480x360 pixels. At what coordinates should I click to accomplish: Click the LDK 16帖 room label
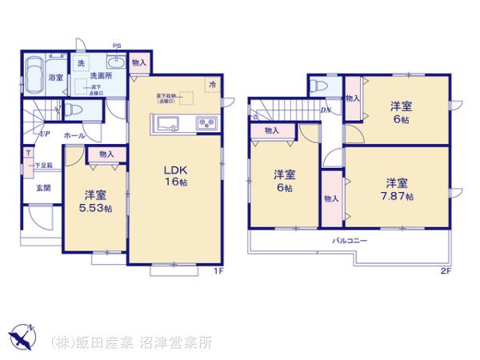point(177,177)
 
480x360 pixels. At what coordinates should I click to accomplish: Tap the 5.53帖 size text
point(97,209)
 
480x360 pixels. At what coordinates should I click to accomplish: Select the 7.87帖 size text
point(398,196)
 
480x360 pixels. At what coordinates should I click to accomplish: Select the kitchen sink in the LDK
point(171,124)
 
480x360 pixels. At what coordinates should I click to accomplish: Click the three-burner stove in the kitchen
point(205,124)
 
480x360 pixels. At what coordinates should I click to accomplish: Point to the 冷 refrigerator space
point(212,83)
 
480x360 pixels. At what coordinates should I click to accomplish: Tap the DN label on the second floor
point(326,110)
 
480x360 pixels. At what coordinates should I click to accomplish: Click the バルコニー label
point(350,240)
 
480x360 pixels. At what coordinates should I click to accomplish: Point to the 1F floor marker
point(217,270)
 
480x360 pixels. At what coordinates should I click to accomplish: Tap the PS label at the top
point(118,45)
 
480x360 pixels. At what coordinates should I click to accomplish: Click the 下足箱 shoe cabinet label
point(44,166)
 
